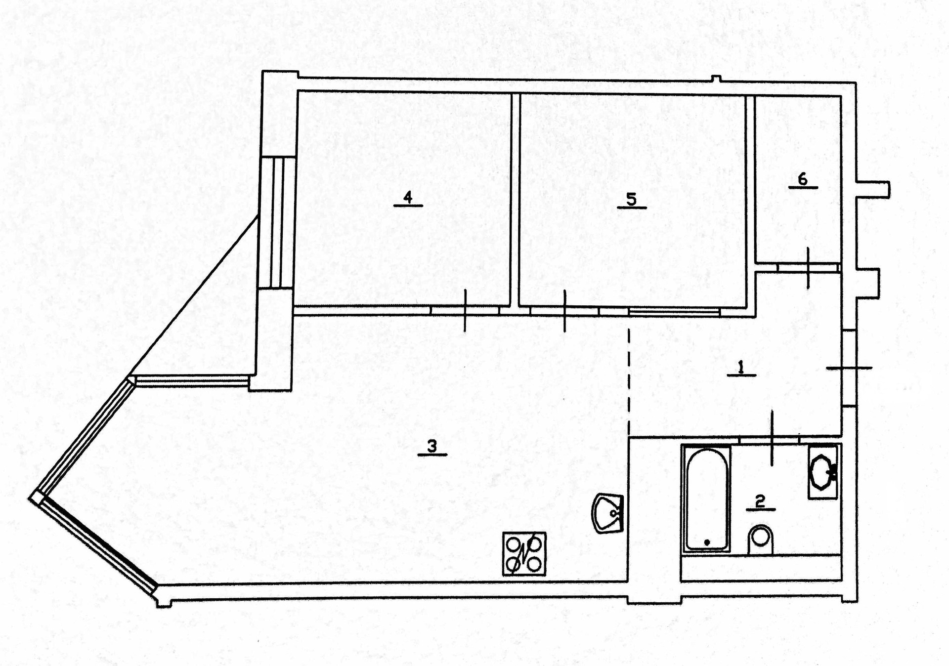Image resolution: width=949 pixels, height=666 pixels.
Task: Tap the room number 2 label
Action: pyautogui.click(x=760, y=501)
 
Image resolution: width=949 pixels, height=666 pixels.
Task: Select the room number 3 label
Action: pyautogui.click(x=432, y=446)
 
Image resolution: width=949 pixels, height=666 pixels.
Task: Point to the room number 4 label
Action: pyautogui.click(x=408, y=198)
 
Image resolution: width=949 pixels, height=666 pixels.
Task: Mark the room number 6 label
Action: pyautogui.click(x=803, y=179)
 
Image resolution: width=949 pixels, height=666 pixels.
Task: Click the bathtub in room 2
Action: pyautogui.click(x=706, y=498)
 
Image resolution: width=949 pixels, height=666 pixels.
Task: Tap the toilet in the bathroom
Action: pyautogui.click(x=761, y=540)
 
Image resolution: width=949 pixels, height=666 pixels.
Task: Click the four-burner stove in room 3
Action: pyautogui.click(x=524, y=554)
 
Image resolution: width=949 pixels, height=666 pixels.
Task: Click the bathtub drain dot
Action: pyautogui.click(x=707, y=542)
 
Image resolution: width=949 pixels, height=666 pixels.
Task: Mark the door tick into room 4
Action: pyautogui.click(x=465, y=311)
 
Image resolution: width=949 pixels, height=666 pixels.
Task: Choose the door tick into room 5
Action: pyautogui.click(x=565, y=311)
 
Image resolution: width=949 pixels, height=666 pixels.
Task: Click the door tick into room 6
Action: pyautogui.click(x=808, y=267)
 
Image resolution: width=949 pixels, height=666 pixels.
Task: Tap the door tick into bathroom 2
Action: pyautogui.click(x=772, y=438)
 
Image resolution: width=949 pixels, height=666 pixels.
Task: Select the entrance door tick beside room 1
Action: pyautogui.click(x=849, y=368)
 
